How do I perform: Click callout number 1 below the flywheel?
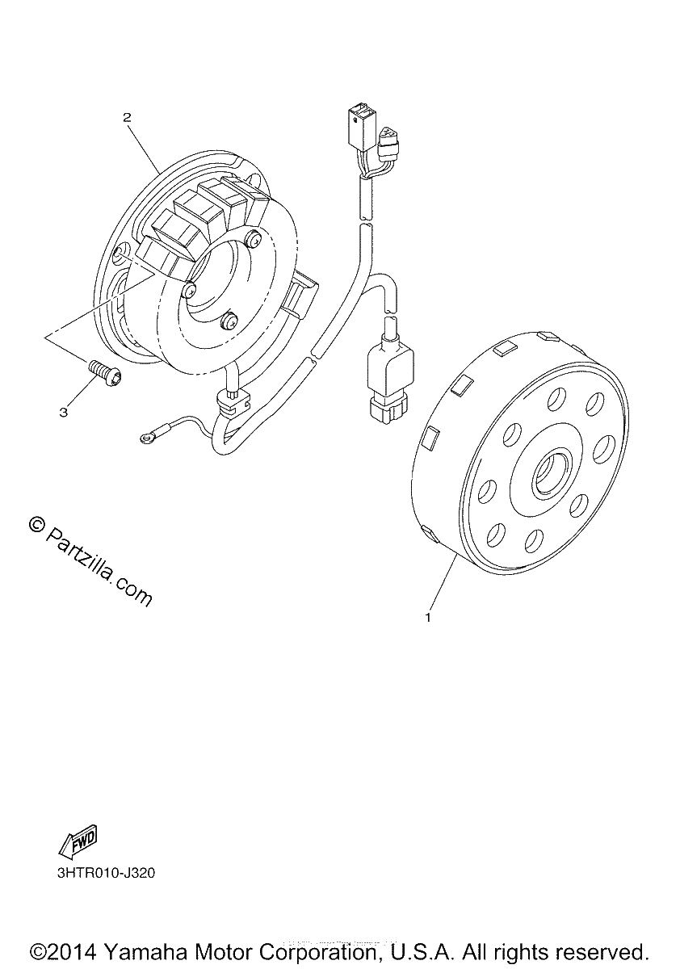pos(428,618)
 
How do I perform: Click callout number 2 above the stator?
pos(127,118)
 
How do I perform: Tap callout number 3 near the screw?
pos(64,413)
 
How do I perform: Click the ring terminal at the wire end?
pos(146,439)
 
